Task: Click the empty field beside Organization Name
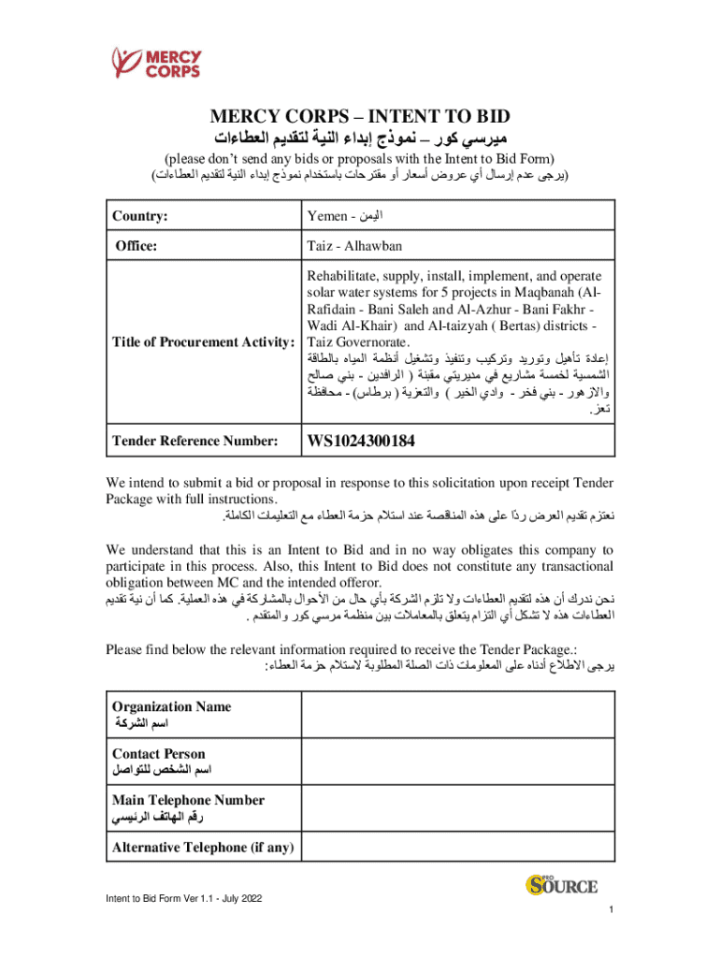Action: click(456, 715)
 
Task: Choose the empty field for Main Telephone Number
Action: click(456, 808)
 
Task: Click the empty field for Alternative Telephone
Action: click(456, 848)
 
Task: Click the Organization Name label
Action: click(171, 706)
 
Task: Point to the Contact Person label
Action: click(158, 753)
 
